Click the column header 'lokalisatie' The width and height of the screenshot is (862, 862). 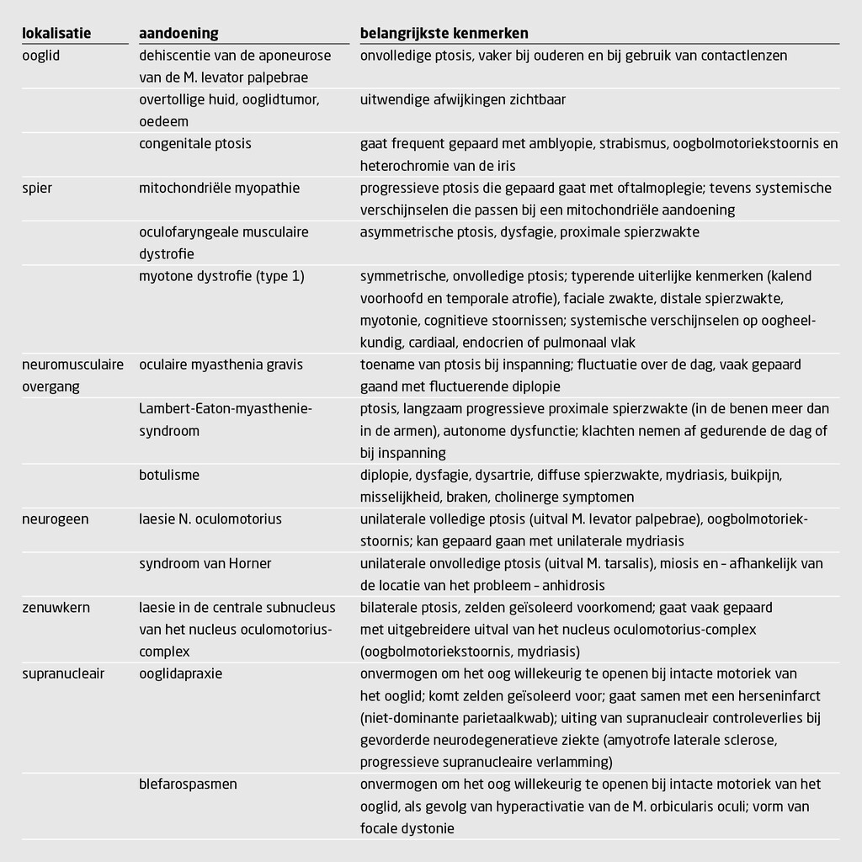[x=56, y=34]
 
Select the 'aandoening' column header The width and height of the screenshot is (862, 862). [x=178, y=34]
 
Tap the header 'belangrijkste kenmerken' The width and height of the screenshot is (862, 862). [x=444, y=34]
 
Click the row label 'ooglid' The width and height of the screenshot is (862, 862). [x=41, y=56]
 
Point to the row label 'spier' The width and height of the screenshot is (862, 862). [x=37, y=188]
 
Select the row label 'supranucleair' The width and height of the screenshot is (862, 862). [x=63, y=673]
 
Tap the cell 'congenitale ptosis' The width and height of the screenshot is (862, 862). [x=194, y=144]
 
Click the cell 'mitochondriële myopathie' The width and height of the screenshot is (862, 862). [x=219, y=188]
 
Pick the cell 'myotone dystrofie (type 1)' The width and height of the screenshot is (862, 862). [x=221, y=276]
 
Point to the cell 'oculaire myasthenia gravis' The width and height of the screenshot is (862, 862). [x=221, y=364]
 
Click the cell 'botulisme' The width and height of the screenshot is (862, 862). [x=169, y=475]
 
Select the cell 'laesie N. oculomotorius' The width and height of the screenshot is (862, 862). [x=210, y=519]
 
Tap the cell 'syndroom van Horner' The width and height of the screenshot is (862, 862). [x=205, y=563]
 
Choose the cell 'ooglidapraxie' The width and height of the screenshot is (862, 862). [x=181, y=673]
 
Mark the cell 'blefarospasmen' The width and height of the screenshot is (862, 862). [x=188, y=784]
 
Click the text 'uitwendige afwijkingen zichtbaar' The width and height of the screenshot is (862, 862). [x=463, y=100]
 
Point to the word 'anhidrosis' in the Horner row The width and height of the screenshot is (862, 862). [x=573, y=585]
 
